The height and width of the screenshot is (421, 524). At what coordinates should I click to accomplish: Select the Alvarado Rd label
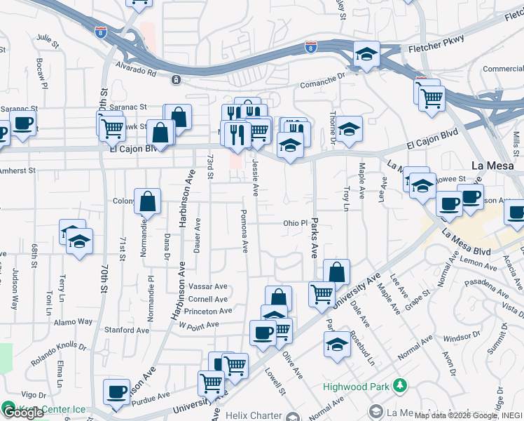click(x=141, y=71)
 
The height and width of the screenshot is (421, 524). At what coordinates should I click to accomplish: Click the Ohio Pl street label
click(x=295, y=223)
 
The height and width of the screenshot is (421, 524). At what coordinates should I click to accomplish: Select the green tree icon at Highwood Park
click(x=399, y=385)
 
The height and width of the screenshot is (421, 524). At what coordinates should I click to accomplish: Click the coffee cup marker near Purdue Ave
click(x=116, y=391)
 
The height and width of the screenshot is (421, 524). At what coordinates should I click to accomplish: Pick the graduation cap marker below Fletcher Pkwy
click(x=366, y=54)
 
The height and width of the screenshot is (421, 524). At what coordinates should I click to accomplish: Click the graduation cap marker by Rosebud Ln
click(x=337, y=344)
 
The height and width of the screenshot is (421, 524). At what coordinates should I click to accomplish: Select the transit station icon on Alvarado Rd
click(x=174, y=79)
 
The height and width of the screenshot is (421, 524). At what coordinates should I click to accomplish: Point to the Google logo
click(x=23, y=413)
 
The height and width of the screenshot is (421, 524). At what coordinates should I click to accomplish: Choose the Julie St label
click(x=46, y=37)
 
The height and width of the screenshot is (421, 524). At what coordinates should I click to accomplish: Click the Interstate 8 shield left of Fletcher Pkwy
click(x=310, y=47)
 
